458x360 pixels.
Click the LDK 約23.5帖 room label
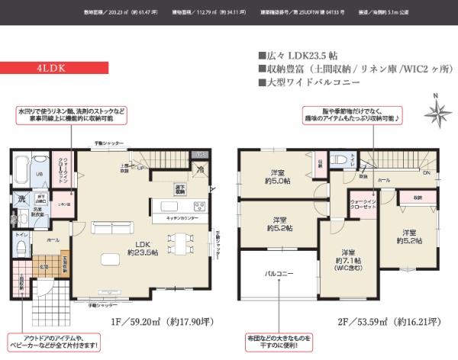pos(141,248)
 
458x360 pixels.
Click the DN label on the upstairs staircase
pos(425,173)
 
